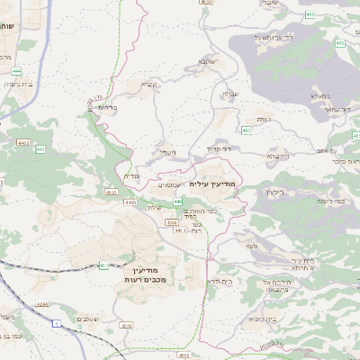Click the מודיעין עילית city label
point(214,183)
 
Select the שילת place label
point(154,208)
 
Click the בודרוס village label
point(108,106)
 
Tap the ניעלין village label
point(167,154)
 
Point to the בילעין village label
point(274,191)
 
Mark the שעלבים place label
point(86,319)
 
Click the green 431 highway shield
point(103,265)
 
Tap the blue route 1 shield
point(56,322)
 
